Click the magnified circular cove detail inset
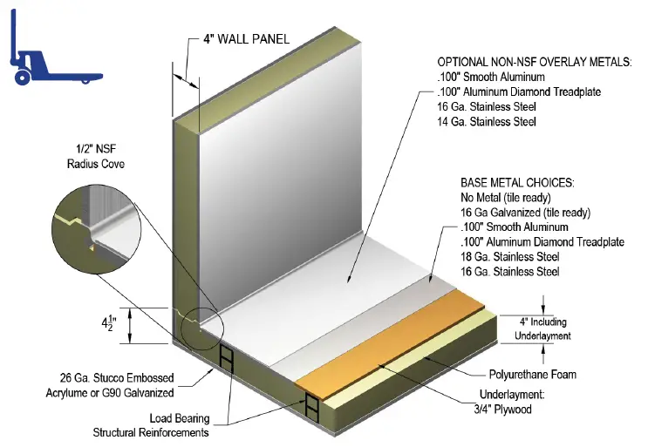92,229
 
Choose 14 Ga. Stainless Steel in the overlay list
488,121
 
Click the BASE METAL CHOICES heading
520,184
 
